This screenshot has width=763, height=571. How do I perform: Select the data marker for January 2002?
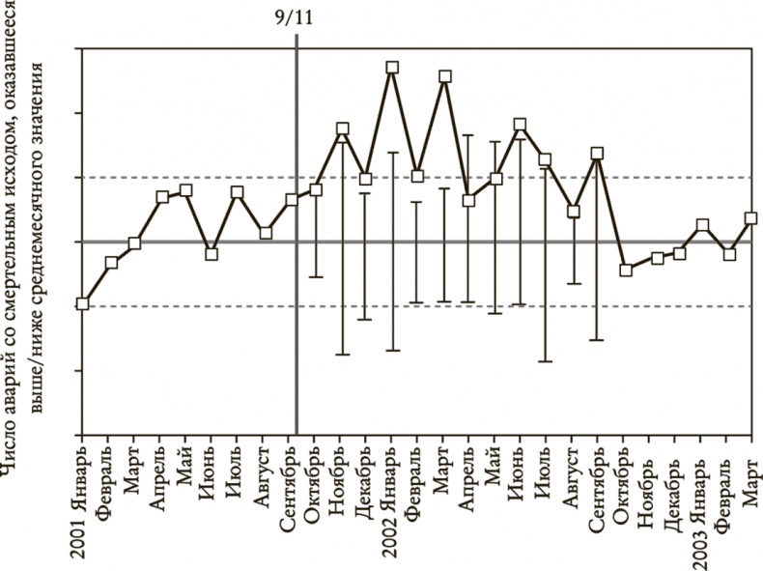click(x=392, y=68)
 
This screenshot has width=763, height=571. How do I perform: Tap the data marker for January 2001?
click(x=83, y=303)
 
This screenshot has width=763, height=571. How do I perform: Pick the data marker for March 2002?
click(x=444, y=76)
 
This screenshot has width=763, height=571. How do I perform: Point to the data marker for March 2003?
click(x=752, y=218)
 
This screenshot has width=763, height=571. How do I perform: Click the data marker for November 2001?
click(x=342, y=128)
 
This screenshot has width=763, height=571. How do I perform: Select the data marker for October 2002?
click(x=626, y=270)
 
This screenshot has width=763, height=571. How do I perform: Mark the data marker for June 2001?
click(x=212, y=254)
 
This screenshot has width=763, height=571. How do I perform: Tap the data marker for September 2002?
click(x=598, y=153)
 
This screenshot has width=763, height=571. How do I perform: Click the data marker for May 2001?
click(x=186, y=190)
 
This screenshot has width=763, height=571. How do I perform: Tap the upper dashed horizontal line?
click(x=193, y=178)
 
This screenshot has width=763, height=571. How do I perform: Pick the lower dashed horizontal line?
click(x=193, y=306)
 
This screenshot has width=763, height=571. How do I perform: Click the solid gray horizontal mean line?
click(x=193, y=242)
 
